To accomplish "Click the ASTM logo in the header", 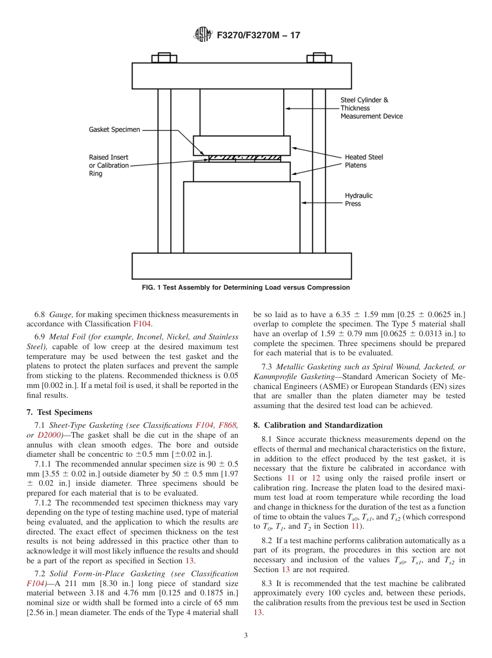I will tap(202, 35).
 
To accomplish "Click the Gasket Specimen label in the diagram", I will tap(114, 130).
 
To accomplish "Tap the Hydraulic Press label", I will tap(358, 200).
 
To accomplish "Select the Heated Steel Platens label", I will tap(364, 161).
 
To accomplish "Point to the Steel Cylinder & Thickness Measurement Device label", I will tap(371, 108).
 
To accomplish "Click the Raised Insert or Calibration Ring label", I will tap(108, 166).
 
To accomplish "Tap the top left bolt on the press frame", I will tap(164, 58).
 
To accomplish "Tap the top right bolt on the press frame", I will tap(319, 58).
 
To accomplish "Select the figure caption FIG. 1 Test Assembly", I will tap(245, 288).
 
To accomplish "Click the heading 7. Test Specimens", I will tap(59, 412).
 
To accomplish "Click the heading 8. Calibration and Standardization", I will tap(318, 425).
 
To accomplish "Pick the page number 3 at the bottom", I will tap(246, 636).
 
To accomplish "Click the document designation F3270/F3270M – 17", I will tap(258, 35).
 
